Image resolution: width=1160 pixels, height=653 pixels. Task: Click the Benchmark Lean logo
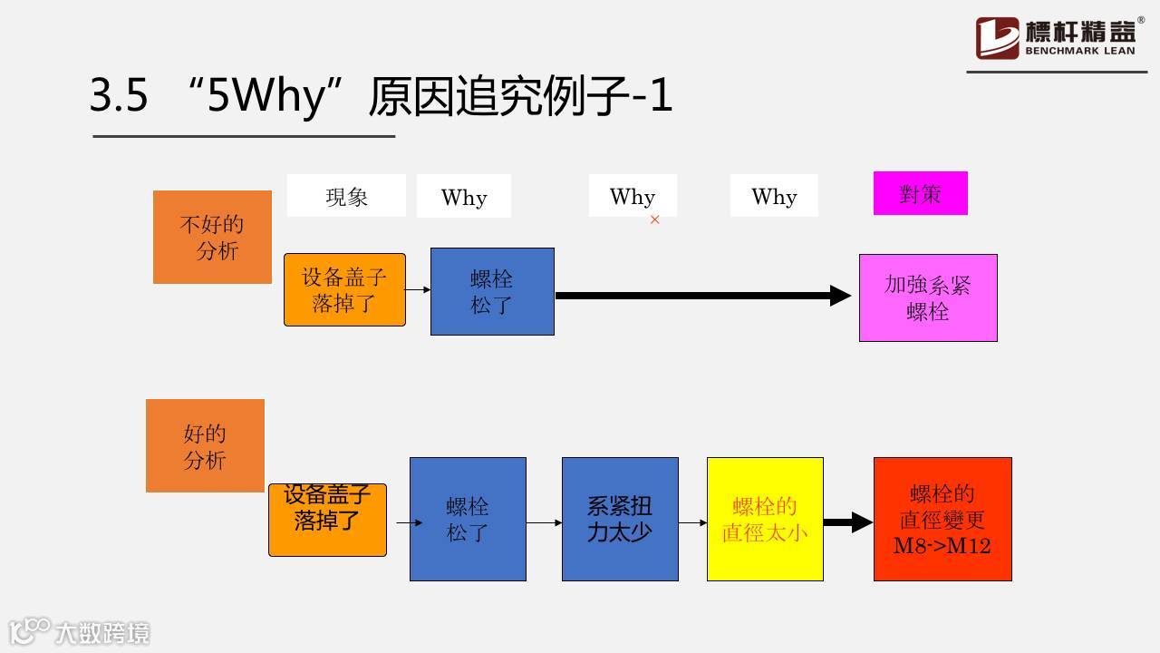[1057, 38]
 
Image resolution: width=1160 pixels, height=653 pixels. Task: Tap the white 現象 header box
[346, 196]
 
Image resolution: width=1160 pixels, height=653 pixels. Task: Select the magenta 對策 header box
[920, 193]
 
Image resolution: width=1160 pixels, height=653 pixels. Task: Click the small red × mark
[655, 219]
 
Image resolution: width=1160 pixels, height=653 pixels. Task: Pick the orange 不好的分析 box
[212, 237]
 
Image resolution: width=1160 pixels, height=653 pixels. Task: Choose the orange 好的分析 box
[205, 445]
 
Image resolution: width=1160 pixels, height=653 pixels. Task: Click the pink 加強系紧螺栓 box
[928, 297]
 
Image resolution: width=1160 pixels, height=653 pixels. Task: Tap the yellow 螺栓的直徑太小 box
[765, 519]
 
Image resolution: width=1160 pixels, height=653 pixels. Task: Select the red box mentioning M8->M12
[942, 519]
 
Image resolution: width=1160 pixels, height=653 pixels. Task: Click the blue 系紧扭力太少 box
[620, 519]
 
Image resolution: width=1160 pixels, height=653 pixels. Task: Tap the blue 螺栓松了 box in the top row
[492, 291]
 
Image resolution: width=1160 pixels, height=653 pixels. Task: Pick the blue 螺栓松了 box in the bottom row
[468, 519]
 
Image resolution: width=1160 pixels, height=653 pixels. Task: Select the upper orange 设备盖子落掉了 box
[344, 289]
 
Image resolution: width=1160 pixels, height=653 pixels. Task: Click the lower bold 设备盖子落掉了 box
[327, 519]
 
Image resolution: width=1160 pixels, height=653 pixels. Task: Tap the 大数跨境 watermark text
[101, 632]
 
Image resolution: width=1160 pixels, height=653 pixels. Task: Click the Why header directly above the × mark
[633, 196]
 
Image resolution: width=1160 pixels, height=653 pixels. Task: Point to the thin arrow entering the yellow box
[692, 522]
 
